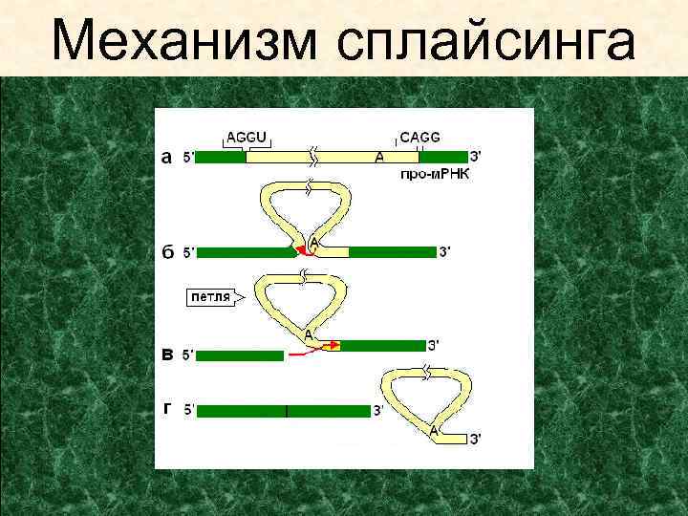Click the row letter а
click(x=166, y=158)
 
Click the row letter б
click(x=167, y=253)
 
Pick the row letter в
click(x=167, y=355)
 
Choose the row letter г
click(x=167, y=409)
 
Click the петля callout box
click(x=211, y=297)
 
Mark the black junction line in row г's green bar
click(x=287, y=411)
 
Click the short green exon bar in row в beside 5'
click(x=240, y=355)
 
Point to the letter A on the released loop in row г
click(x=434, y=431)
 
